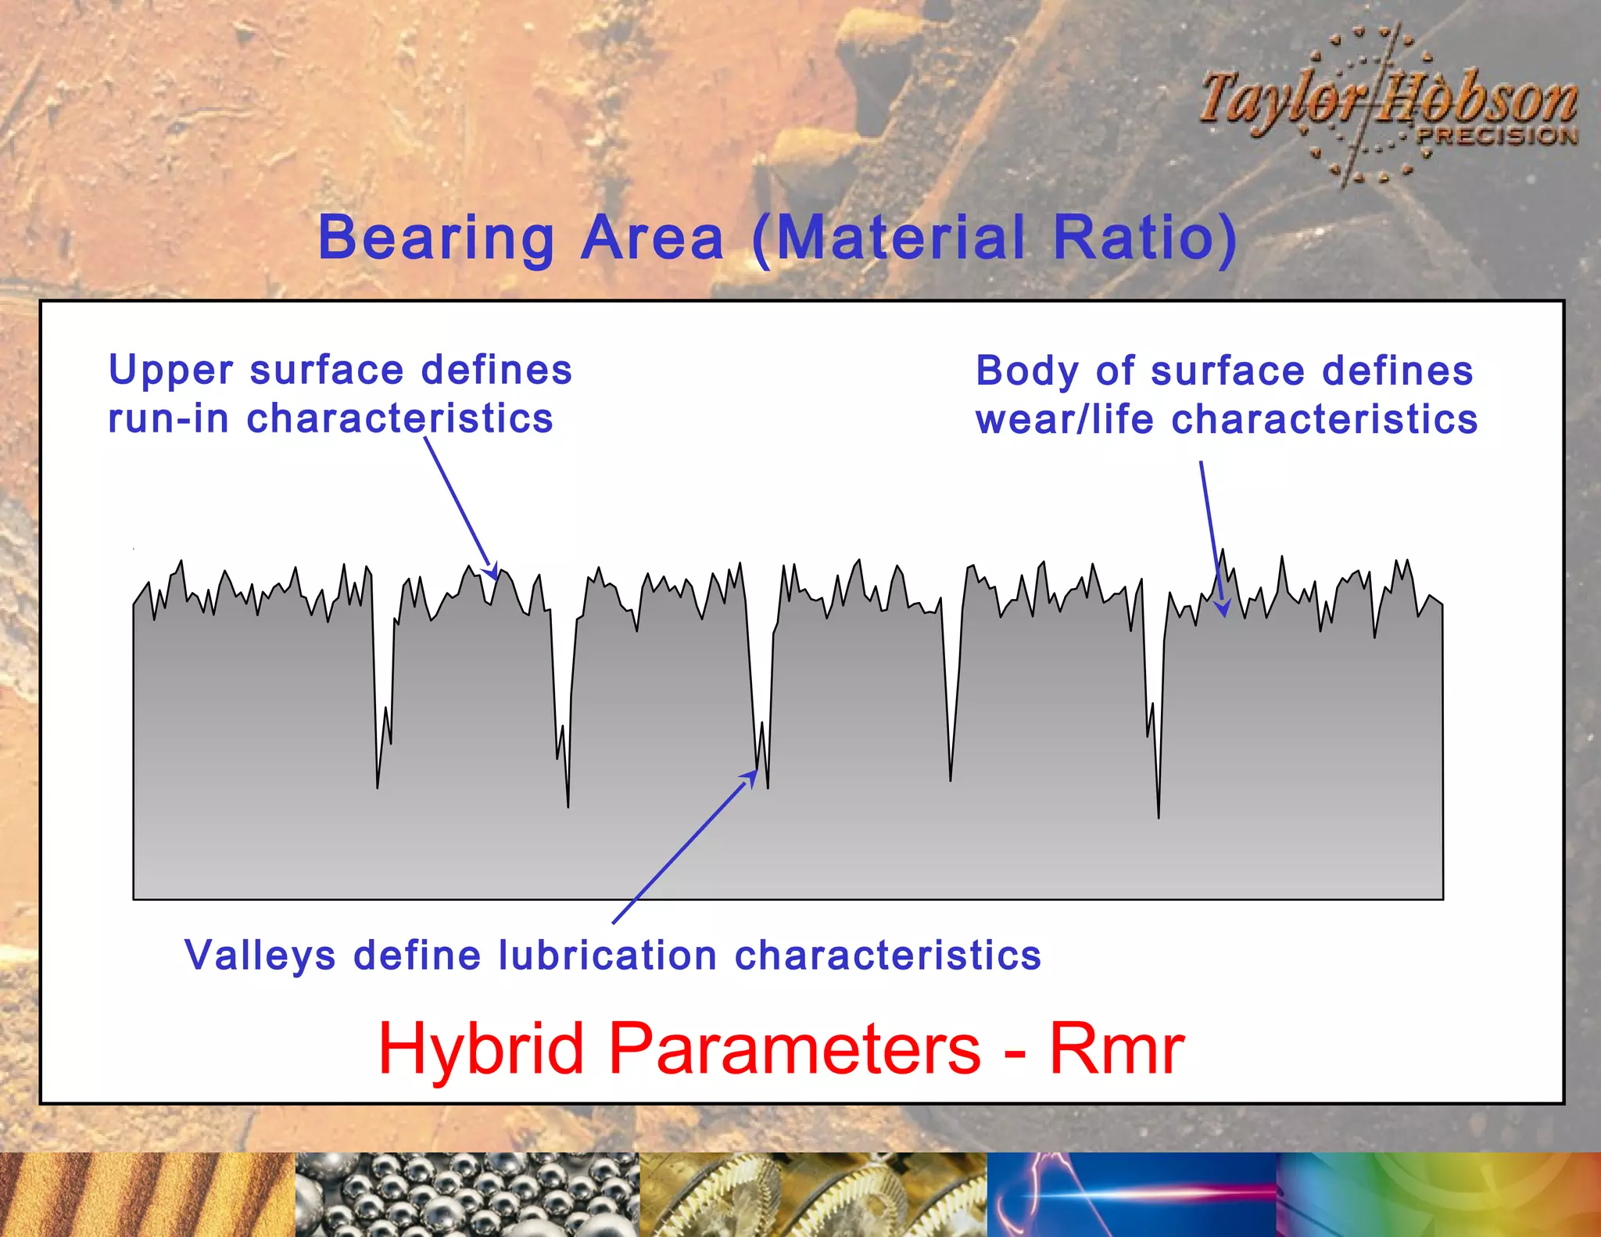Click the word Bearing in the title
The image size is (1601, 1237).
[436, 238]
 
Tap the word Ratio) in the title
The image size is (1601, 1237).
[1144, 238]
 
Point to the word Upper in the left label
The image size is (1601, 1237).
[170, 371]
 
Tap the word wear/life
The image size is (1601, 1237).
[1064, 420]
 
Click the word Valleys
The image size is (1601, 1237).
[260, 956]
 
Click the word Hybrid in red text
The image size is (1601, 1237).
[480, 1049]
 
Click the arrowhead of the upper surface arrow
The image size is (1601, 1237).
[492, 572]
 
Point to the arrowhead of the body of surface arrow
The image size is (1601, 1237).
[1223, 609]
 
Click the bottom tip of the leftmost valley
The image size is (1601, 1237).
[378, 787]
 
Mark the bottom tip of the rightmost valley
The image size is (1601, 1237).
[1159, 817]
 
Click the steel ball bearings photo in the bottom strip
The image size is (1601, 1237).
[467, 1194]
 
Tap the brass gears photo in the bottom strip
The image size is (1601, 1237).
[813, 1194]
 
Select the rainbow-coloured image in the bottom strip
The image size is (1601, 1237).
[1438, 1194]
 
